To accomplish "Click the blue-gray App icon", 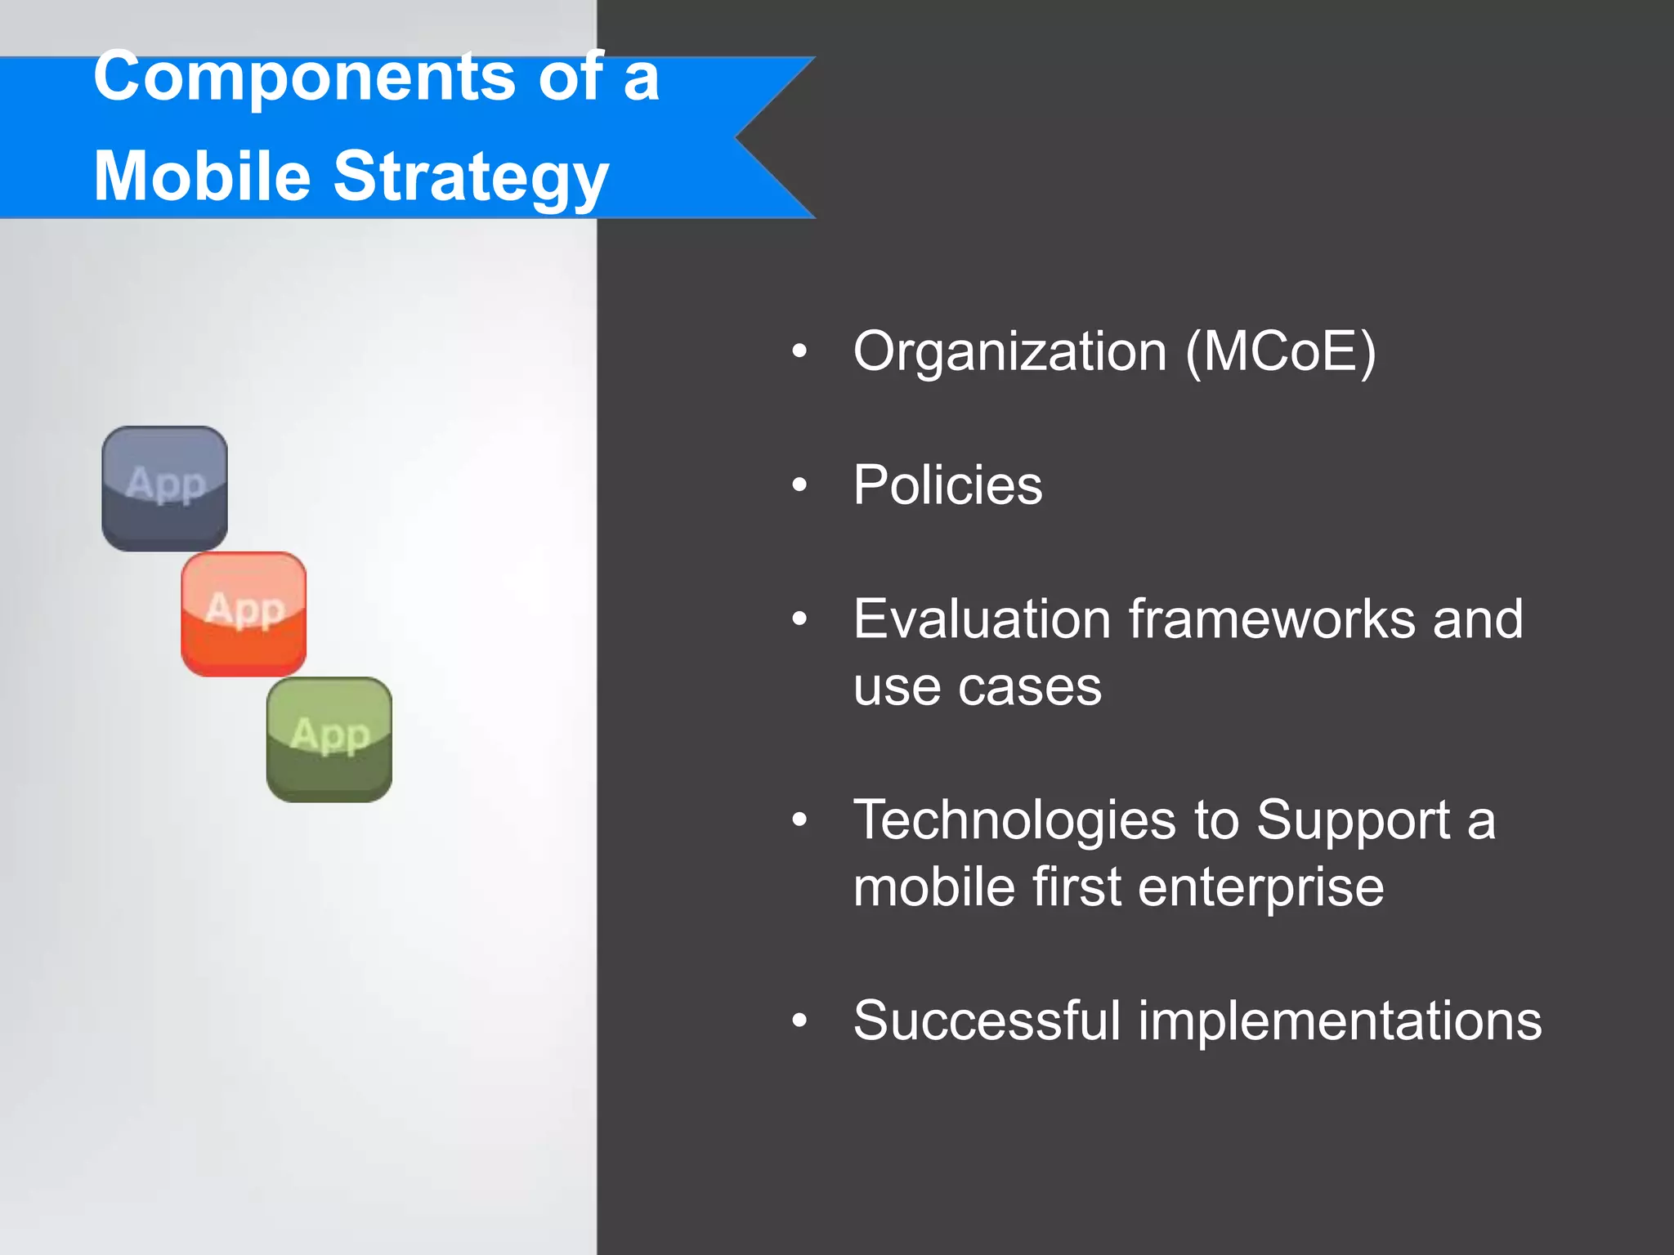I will tap(164, 488).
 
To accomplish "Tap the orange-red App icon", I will tap(244, 614).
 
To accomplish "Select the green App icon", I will tap(329, 739).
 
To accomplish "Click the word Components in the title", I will tap(303, 78).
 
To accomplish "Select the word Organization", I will tap(1009, 352).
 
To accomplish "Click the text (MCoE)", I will tap(1281, 352).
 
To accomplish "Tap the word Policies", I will tap(947, 485).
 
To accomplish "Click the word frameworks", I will tap(1272, 619).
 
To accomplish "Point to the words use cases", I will tap(977, 686).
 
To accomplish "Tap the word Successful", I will tap(987, 1021).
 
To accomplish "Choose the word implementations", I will tap(1340, 1021).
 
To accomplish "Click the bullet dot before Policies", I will tap(799, 485).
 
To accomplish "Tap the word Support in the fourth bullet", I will tap(1353, 820).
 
